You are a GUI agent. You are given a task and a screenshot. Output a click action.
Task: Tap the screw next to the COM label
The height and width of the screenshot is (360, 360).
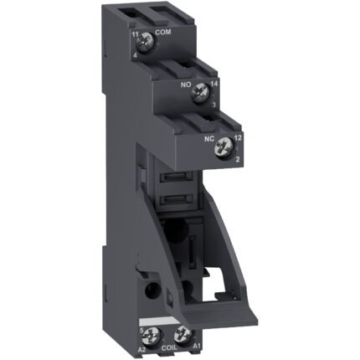tap(145, 38)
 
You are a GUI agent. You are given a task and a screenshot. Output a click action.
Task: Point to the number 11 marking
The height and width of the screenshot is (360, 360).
tap(134, 32)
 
